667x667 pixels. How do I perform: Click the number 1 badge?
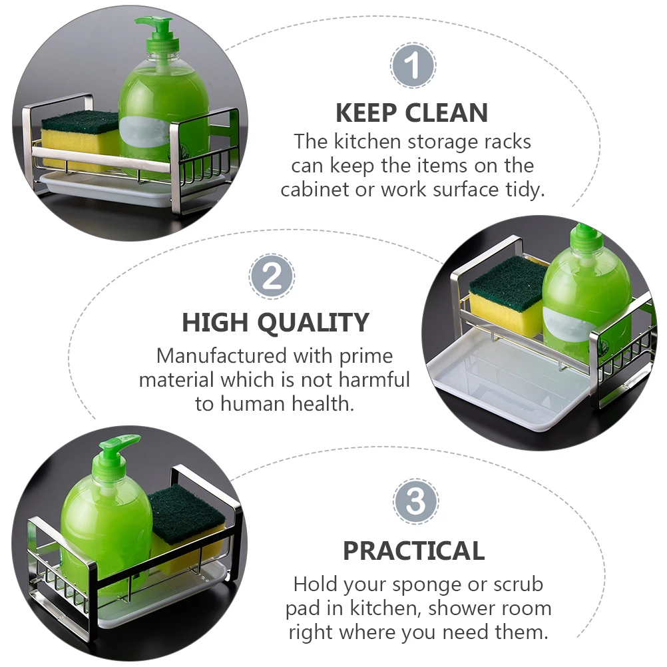[x=413, y=65]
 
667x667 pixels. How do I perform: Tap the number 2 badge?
[x=272, y=276]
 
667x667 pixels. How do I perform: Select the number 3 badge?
[x=415, y=501]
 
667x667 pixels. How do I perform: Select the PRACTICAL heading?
[x=414, y=551]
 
